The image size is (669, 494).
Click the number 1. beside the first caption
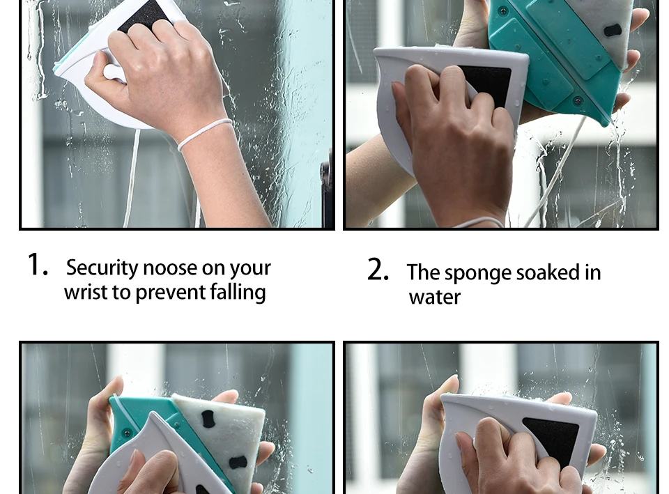(x=38, y=265)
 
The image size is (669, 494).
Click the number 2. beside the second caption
(x=378, y=270)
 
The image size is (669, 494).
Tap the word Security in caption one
(x=102, y=268)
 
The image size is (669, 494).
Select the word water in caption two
(x=435, y=298)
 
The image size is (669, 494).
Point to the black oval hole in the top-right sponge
(x=613, y=30)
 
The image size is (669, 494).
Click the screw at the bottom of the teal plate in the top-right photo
(x=577, y=101)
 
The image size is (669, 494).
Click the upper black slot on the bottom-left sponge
(x=208, y=419)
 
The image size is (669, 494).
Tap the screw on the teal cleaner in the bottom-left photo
(x=127, y=433)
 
